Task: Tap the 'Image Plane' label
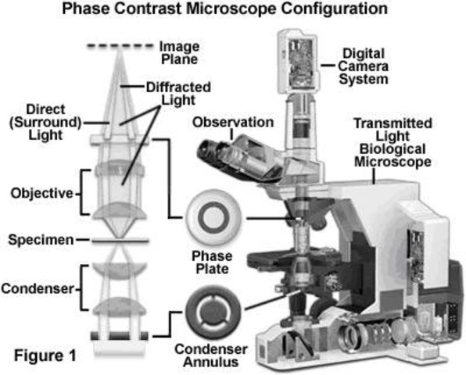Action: click(180, 51)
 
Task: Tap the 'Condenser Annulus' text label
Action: click(210, 354)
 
